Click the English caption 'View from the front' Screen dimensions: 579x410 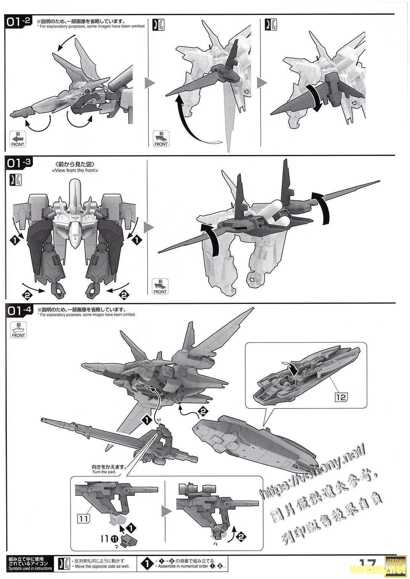click(x=75, y=170)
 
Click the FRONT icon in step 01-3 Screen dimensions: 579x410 click(x=160, y=286)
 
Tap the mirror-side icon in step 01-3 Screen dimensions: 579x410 click(x=18, y=180)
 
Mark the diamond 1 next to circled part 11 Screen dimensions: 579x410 click(x=131, y=528)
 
